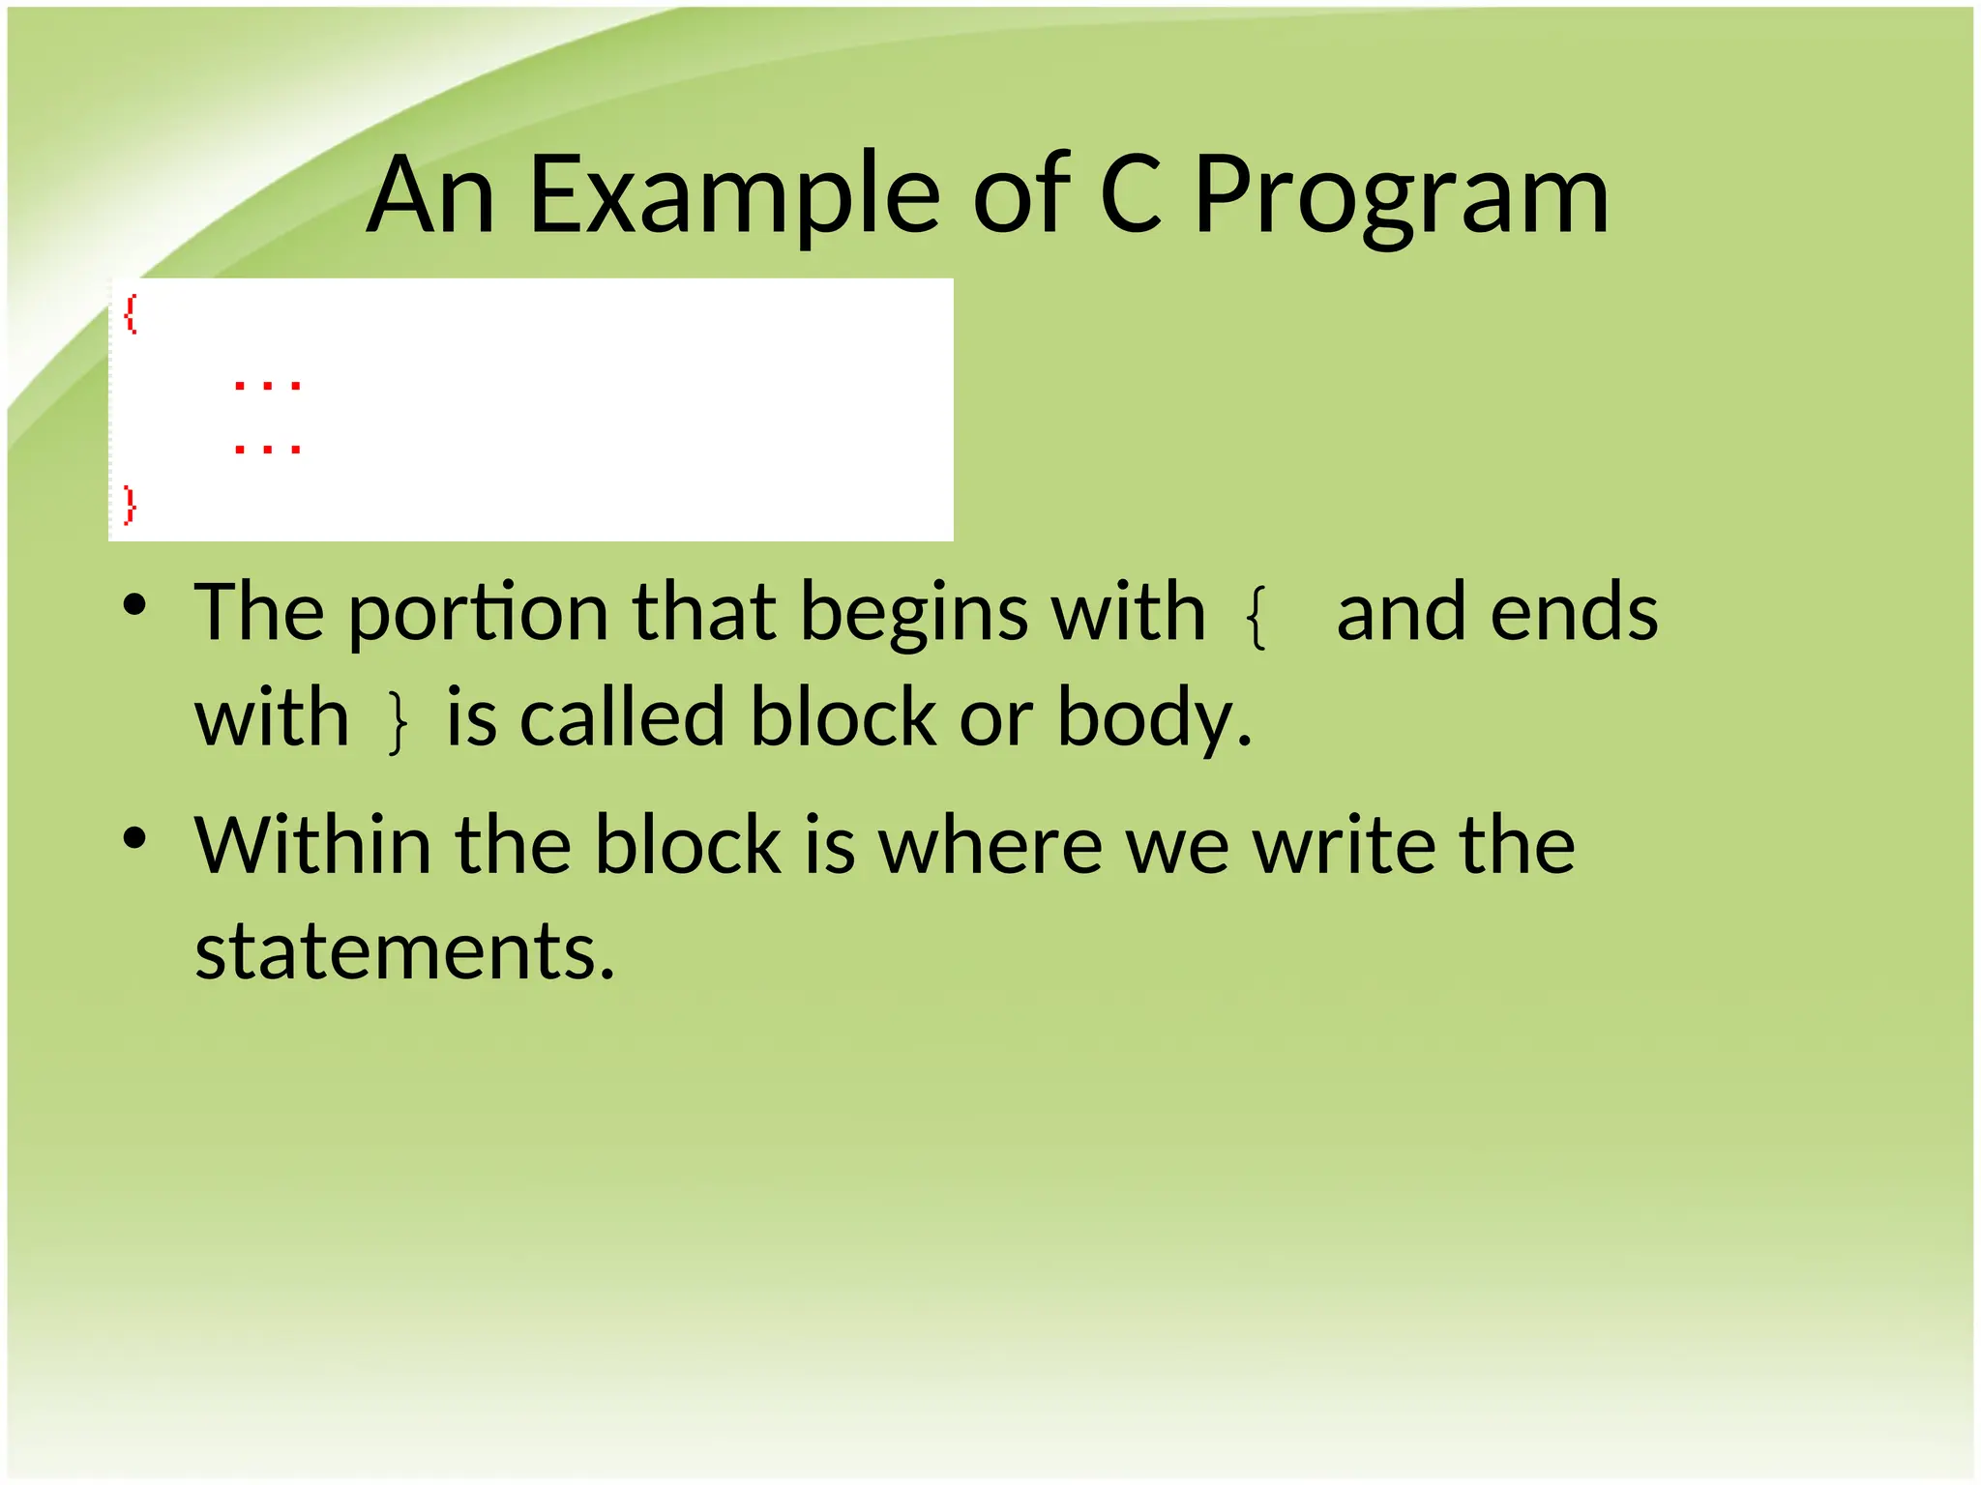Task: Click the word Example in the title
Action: pyautogui.click(x=734, y=197)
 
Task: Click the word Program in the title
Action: pyautogui.click(x=1402, y=197)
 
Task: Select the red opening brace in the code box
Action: pyautogui.click(x=131, y=314)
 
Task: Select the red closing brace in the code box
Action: pyautogui.click(x=131, y=505)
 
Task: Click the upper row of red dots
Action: pyautogui.click(x=268, y=386)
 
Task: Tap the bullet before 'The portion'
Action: pyautogui.click(x=134, y=606)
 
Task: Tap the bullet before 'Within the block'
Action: pyautogui.click(x=134, y=838)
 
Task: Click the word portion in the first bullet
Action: pyautogui.click(x=478, y=615)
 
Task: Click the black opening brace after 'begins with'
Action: pyautogui.click(x=1257, y=619)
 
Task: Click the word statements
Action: pyautogui.click(x=404, y=951)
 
